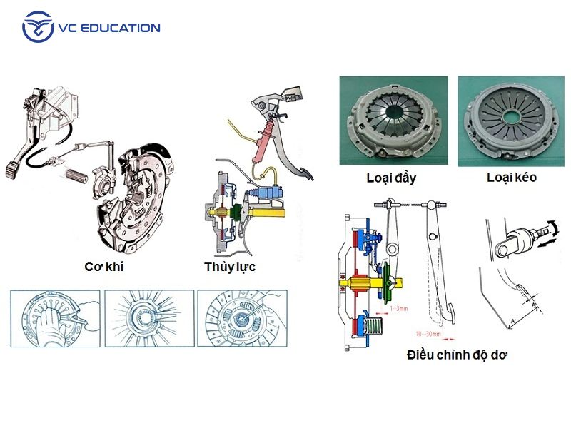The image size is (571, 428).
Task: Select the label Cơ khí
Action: pyautogui.click(x=104, y=268)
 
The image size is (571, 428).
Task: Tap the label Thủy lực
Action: pyautogui.click(x=230, y=267)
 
